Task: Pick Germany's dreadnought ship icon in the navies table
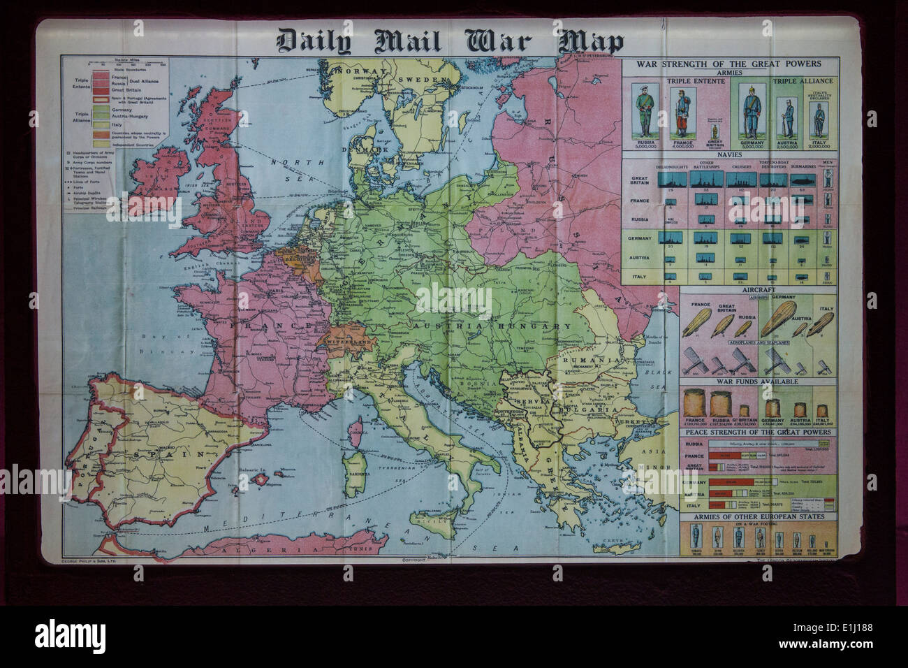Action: click(673, 238)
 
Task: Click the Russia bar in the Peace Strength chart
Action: click(768, 443)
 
